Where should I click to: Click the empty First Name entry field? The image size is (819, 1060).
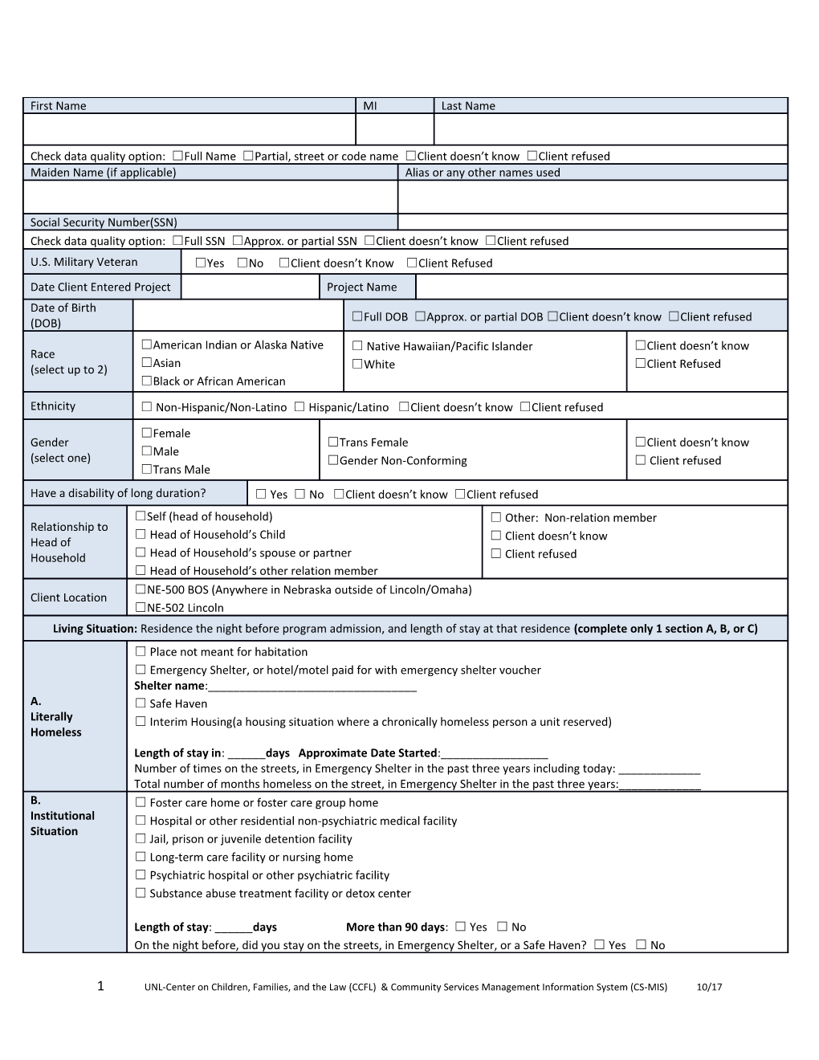click(x=189, y=129)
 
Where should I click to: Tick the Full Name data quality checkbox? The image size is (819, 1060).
click(x=177, y=156)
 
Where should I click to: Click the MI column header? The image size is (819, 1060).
click(x=370, y=106)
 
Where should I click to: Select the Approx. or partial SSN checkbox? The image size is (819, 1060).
click(x=238, y=240)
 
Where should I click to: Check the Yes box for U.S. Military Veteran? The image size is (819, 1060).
click(x=201, y=263)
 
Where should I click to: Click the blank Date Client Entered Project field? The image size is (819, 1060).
click(x=251, y=287)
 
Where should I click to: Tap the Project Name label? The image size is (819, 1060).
click(x=361, y=287)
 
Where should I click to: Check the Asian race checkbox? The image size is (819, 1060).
click(x=147, y=363)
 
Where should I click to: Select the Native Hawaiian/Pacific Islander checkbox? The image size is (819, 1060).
click(x=357, y=346)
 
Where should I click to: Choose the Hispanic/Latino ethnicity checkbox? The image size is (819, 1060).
click(x=299, y=407)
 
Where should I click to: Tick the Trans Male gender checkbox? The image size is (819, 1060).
click(x=147, y=469)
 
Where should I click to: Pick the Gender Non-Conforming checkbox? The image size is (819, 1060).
click(x=333, y=460)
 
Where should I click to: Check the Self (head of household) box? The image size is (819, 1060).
click(x=141, y=516)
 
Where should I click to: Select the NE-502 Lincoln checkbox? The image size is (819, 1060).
click(x=141, y=607)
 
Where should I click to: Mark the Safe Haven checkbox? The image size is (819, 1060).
click(x=141, y=703)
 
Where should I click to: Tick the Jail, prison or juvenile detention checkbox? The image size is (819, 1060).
click(x=141, y=838)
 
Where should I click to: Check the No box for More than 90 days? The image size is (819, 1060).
click(x=502, y=927)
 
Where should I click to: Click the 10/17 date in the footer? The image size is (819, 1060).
click(x=710, y=987)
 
